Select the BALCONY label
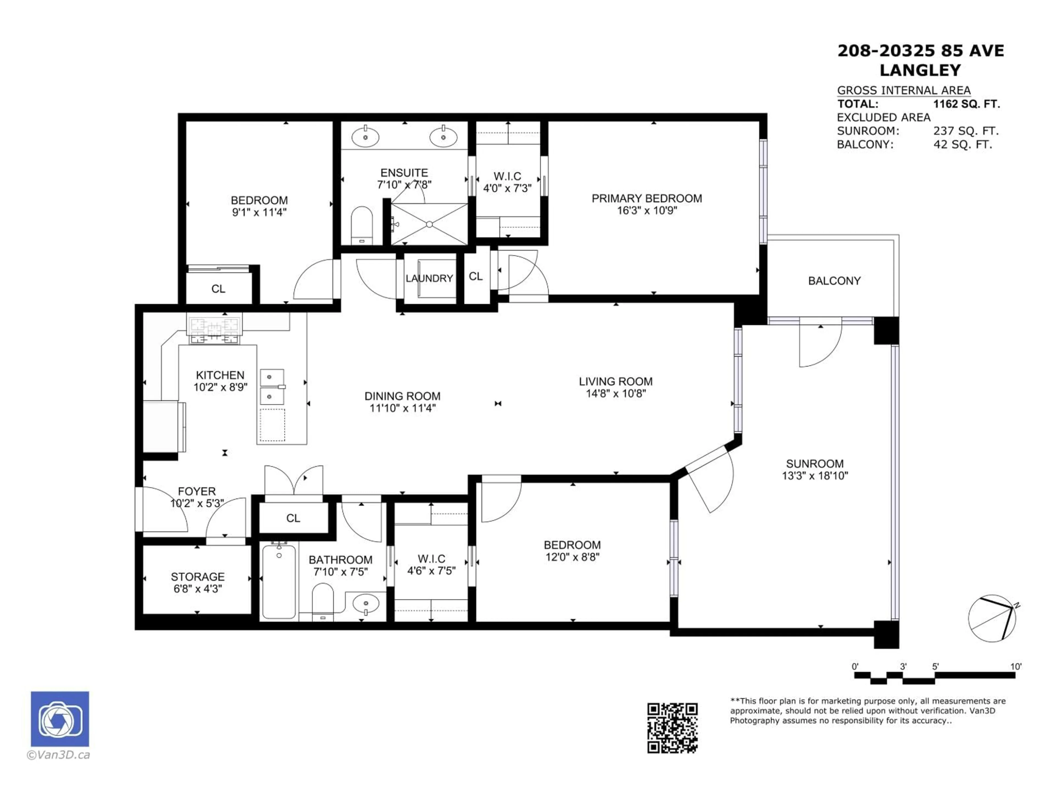coord(834,281)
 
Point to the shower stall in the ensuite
coord(429,224)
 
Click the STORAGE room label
coord(198,576)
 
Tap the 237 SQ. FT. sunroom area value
coord(966,131)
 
